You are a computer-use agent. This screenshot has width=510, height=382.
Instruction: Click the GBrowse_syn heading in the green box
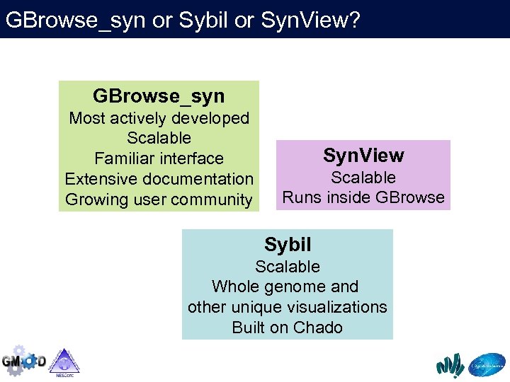coord(159,96)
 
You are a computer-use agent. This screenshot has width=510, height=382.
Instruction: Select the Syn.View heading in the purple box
coord(363,156)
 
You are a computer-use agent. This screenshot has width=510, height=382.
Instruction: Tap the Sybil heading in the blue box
coord(288,245)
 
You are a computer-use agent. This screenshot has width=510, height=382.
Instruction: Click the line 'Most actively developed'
coord(159,118)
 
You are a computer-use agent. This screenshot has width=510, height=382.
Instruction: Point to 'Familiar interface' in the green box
coord(159,158)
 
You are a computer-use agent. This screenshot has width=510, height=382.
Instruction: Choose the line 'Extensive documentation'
coord(159,179)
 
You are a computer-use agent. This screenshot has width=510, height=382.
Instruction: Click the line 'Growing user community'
coord(159,199)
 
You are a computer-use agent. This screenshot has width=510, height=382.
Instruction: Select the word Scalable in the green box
coord(159,138)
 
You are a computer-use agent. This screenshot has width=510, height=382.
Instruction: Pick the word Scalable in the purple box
coord(363,178)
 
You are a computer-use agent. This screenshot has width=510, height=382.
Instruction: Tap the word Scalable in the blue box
coord(288,267)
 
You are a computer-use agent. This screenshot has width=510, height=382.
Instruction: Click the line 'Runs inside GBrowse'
coord(363,197)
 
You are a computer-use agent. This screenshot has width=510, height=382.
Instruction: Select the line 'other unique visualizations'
coord(288,307)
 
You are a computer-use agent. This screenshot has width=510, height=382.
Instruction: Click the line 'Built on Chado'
coord(288,328)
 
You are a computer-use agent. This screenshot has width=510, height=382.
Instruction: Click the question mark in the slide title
coord(353,20)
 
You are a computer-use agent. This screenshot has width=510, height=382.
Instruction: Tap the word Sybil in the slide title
coord(203,20)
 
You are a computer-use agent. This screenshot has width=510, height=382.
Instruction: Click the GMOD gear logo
coord(23,360)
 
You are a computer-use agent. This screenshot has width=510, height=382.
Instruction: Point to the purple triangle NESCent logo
coord(64,361)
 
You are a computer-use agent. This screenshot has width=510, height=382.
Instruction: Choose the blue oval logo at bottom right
coord(487,364)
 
